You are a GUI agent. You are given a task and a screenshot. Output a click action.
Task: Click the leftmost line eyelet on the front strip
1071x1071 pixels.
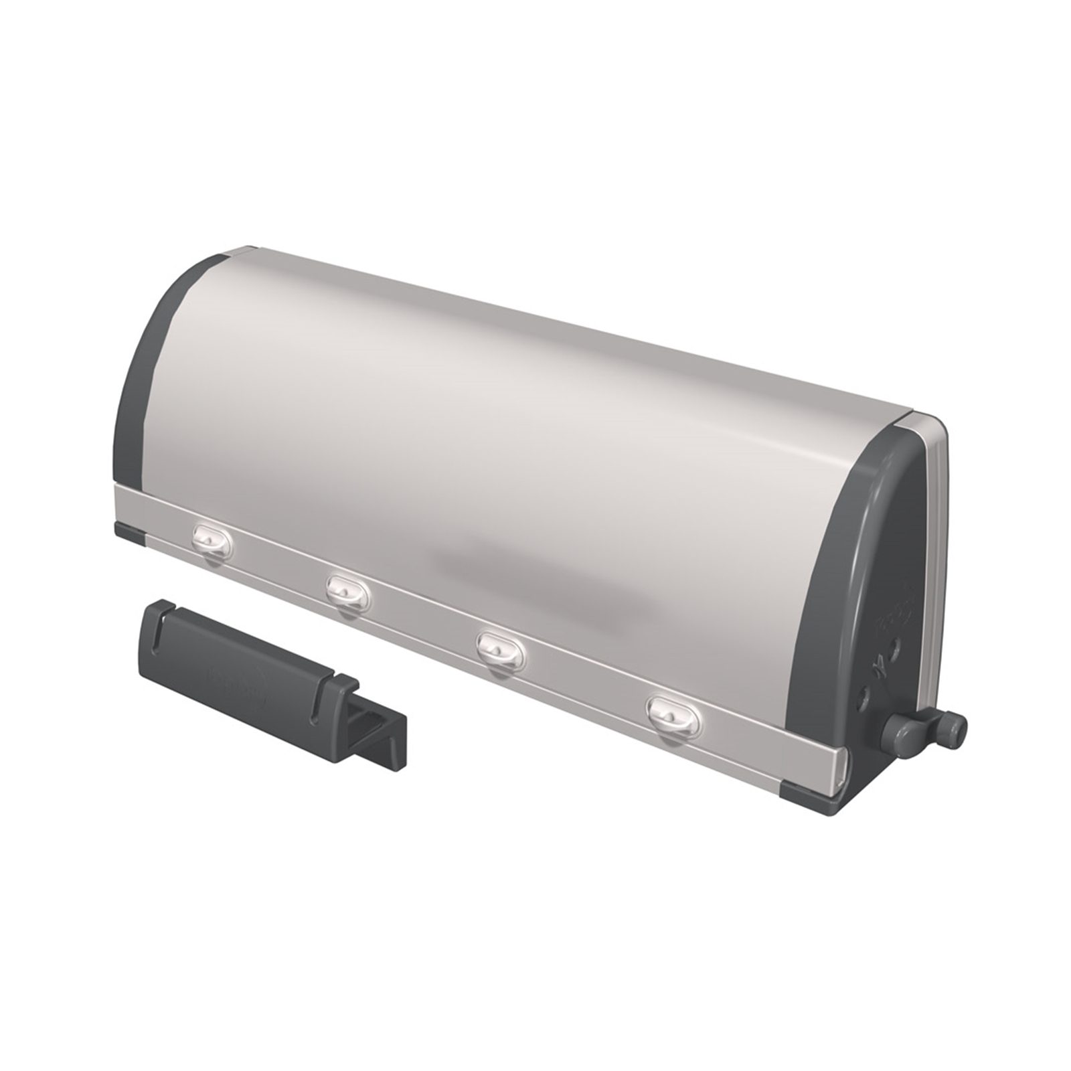tap(212, 538)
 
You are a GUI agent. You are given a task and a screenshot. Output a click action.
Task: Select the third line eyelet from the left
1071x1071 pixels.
tap(501, 649)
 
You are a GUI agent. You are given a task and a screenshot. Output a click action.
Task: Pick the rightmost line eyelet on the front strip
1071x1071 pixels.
tap(673, 714)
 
